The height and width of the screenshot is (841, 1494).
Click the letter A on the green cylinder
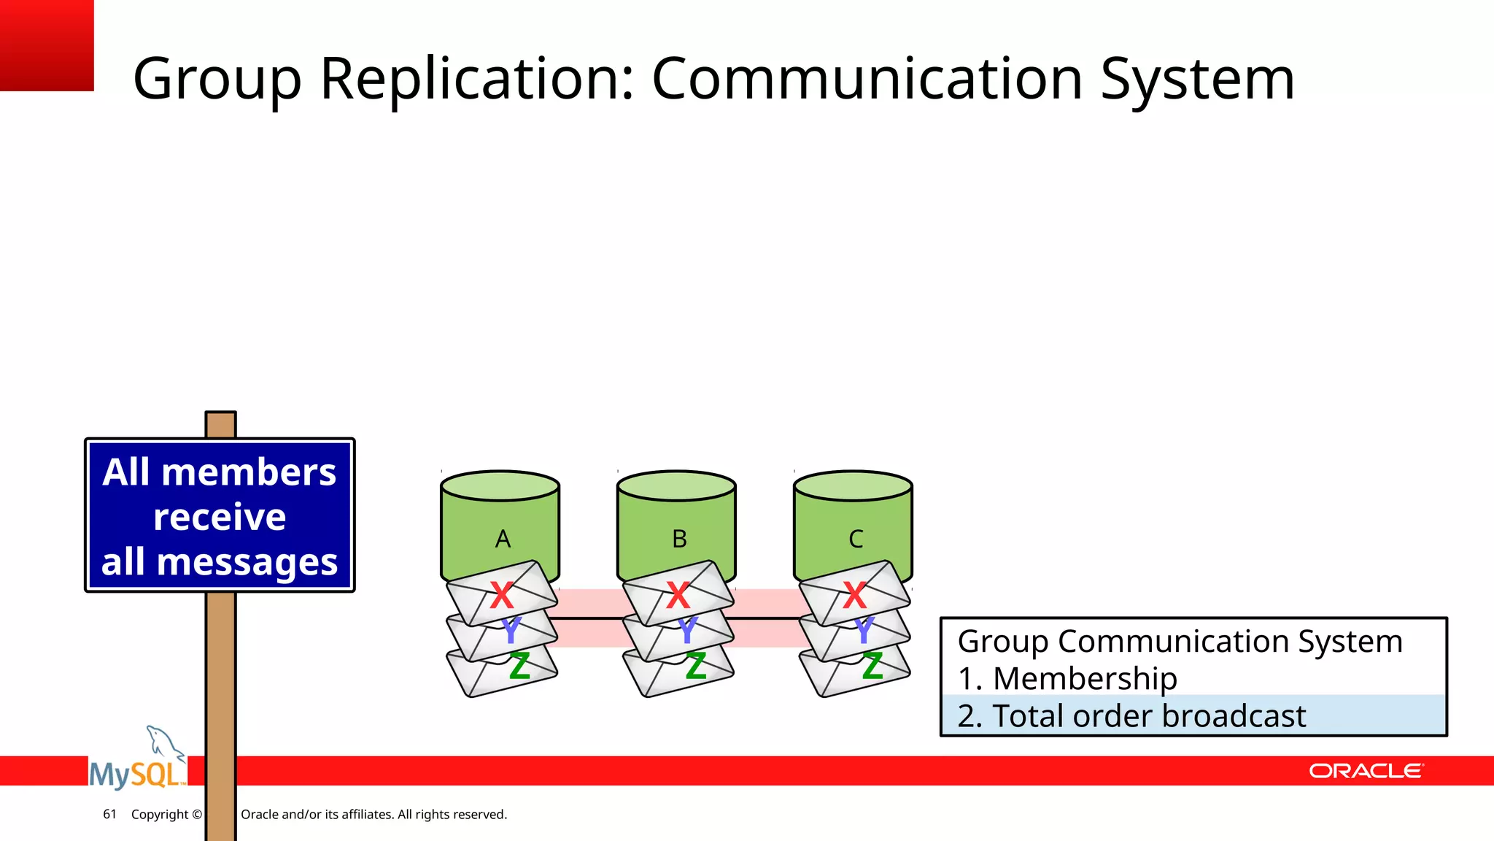503,539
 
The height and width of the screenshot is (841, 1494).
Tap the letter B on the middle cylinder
679,539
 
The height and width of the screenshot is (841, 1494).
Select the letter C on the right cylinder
856,539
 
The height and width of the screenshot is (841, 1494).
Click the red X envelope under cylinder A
501,595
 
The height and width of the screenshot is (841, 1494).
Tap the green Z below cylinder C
872,667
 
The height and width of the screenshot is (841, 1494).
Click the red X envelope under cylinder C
854,595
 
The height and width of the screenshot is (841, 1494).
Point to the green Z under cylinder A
519,667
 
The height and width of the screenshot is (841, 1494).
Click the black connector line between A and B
588,618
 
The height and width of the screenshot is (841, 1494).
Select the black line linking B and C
765,618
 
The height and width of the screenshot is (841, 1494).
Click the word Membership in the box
1085,679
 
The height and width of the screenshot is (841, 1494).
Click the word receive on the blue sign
220,517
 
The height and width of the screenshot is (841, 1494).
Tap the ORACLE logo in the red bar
1365,771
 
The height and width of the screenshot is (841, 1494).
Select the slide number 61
109,814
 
